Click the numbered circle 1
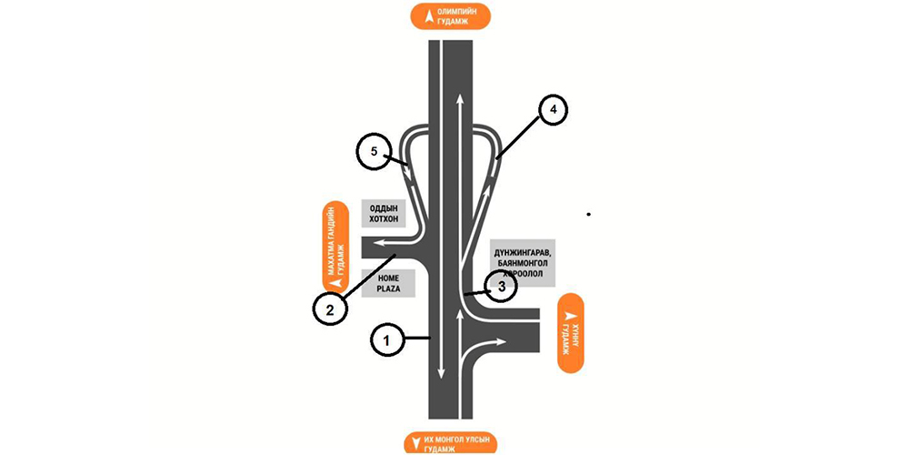386,340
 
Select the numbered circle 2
330,308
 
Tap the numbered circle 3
500,286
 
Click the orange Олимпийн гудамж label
450,16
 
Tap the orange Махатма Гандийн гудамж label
335,245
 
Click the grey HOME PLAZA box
388,282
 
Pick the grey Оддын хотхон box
388,213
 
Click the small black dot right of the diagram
589,214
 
